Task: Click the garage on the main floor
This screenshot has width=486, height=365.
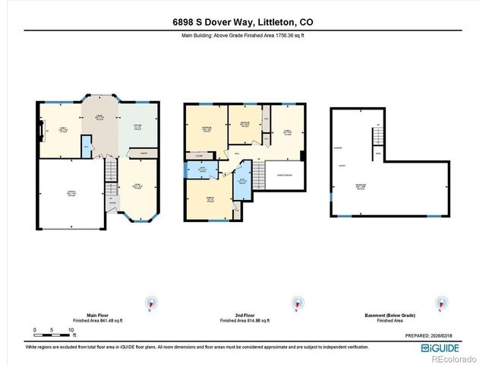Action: (70, 194)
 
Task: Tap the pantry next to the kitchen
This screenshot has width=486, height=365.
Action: (143, 152)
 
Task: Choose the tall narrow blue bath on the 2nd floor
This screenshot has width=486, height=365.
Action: (241, 184)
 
